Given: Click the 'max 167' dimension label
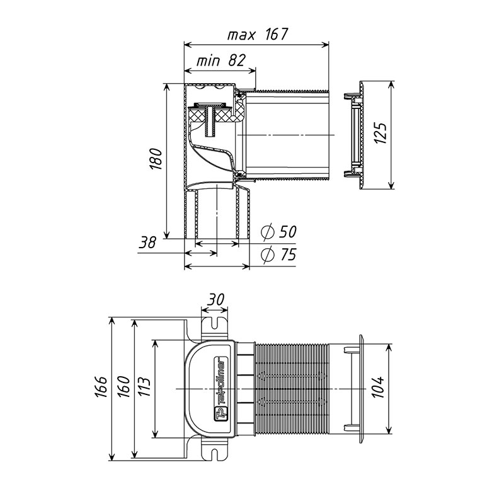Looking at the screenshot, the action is point(258,35).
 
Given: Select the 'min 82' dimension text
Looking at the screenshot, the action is point(221,60).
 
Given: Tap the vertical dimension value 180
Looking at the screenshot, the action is point(156,159).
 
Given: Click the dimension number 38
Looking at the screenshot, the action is point(147,243).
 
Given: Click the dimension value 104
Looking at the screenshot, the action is point(379,387).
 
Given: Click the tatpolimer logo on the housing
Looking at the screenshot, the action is point(221,388).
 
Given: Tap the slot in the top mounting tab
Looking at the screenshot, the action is point(215,323).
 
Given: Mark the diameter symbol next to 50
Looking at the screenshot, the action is point(267,232).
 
